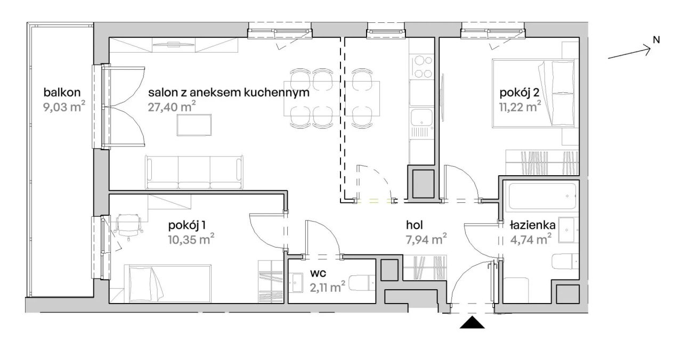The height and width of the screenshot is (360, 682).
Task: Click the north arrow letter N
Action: (x=656, y=39)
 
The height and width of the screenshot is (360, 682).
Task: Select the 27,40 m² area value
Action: (x=172, y=106)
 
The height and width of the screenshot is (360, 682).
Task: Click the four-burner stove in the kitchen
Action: (x=423, y=67)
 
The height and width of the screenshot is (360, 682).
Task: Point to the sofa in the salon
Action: (x=194, y=171)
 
